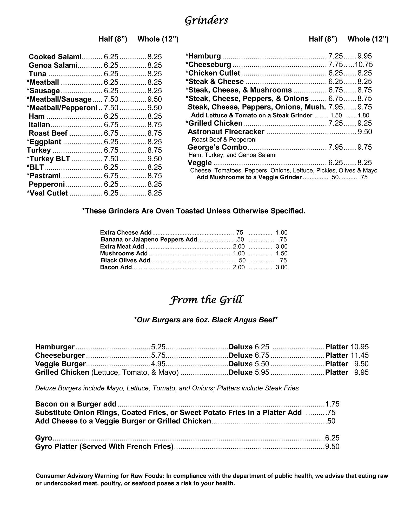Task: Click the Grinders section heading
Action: pyautogui.click(x=206, y=20)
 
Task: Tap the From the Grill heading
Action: pyautogui.click(x=207, y=300)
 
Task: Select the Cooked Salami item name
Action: pyautogui.click(x=55, y=57)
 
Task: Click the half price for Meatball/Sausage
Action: pyautogui.click(x=111, y=99)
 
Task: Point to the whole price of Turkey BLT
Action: pyautogui.click(x=155, y=159)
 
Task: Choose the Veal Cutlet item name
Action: pyautogui.click(x=47, y=193)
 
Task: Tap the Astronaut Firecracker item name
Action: pyautogui.click(x=226, y=132)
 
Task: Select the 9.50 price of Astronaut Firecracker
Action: pyautogui.click(x=365, y=132)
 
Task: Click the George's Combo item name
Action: pyautogui.click(x=217, y=147)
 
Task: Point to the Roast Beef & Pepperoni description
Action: pyautogui.click(x=224, y=140)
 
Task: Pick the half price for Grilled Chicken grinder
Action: pyautogui.click(x=336, y=123)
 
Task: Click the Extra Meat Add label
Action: pyautogui.click(x=122, y=246)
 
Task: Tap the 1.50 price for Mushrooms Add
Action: pyautogui.click(x=281, y=253)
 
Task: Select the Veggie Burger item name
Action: pyautogui.click(x=60, y=364)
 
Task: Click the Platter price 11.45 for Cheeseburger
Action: pyautogui.click(x=360, y=355)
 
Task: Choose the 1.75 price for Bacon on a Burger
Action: pyautogui.click(x=332, y=404)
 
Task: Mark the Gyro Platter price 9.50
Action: pyautogui.click(x=332, y=447)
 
